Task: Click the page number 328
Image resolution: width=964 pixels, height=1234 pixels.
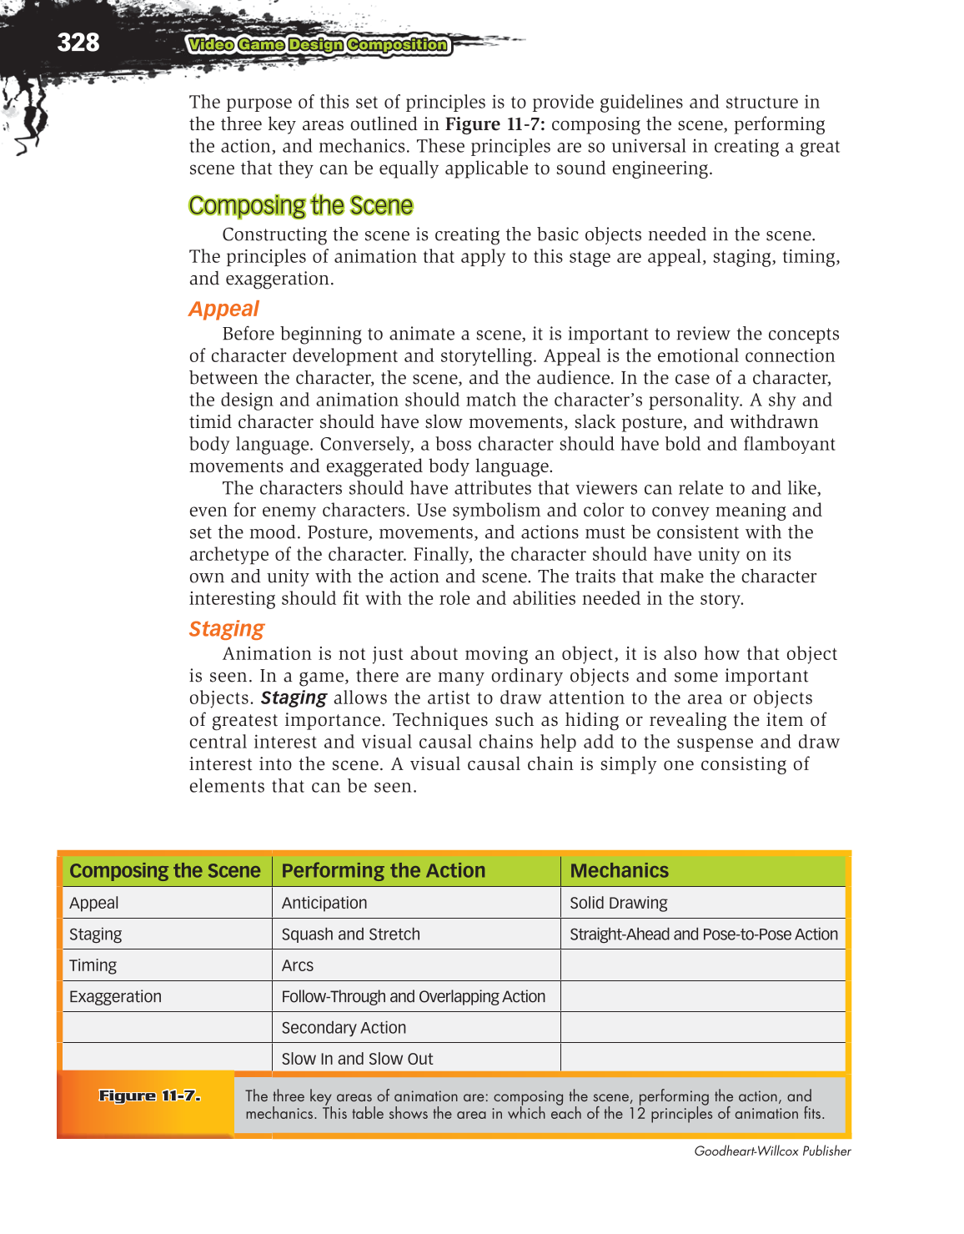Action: [78, 43]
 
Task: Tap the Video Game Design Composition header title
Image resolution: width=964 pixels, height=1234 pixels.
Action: [318, 45]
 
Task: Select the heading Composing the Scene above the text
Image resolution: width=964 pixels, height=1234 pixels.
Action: [300, 205]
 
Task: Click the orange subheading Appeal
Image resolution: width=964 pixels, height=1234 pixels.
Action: [223, 309]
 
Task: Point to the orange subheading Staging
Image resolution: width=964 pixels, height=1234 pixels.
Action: [226, 628]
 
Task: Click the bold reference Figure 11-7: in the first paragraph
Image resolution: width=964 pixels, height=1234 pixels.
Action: [495, 124]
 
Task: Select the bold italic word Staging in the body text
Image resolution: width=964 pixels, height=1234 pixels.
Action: [294, 698]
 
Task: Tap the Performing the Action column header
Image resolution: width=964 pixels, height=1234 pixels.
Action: [383, 870]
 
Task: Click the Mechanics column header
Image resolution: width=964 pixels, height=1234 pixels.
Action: [619, 870]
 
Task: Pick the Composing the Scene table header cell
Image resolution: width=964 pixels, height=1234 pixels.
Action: [165, 870]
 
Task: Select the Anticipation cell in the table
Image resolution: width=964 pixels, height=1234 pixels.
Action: [324, 903]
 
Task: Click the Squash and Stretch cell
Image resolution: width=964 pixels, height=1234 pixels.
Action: [350, 934]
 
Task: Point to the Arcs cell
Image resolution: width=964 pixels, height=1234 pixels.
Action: [298, 965]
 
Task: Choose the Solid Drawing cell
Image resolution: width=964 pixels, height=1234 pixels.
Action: [618, 903]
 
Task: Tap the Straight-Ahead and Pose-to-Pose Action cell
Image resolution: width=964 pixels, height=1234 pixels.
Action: [703, 934]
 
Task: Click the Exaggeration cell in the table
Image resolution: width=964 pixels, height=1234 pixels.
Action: [115, 996]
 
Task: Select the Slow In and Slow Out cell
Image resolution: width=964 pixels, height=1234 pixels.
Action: [357, 1059]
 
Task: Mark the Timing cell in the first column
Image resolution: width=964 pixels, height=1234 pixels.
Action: [93, 965]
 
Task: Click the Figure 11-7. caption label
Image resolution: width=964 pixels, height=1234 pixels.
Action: [149, 1095]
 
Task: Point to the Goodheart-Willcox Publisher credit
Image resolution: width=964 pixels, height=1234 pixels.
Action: [772, 1151]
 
